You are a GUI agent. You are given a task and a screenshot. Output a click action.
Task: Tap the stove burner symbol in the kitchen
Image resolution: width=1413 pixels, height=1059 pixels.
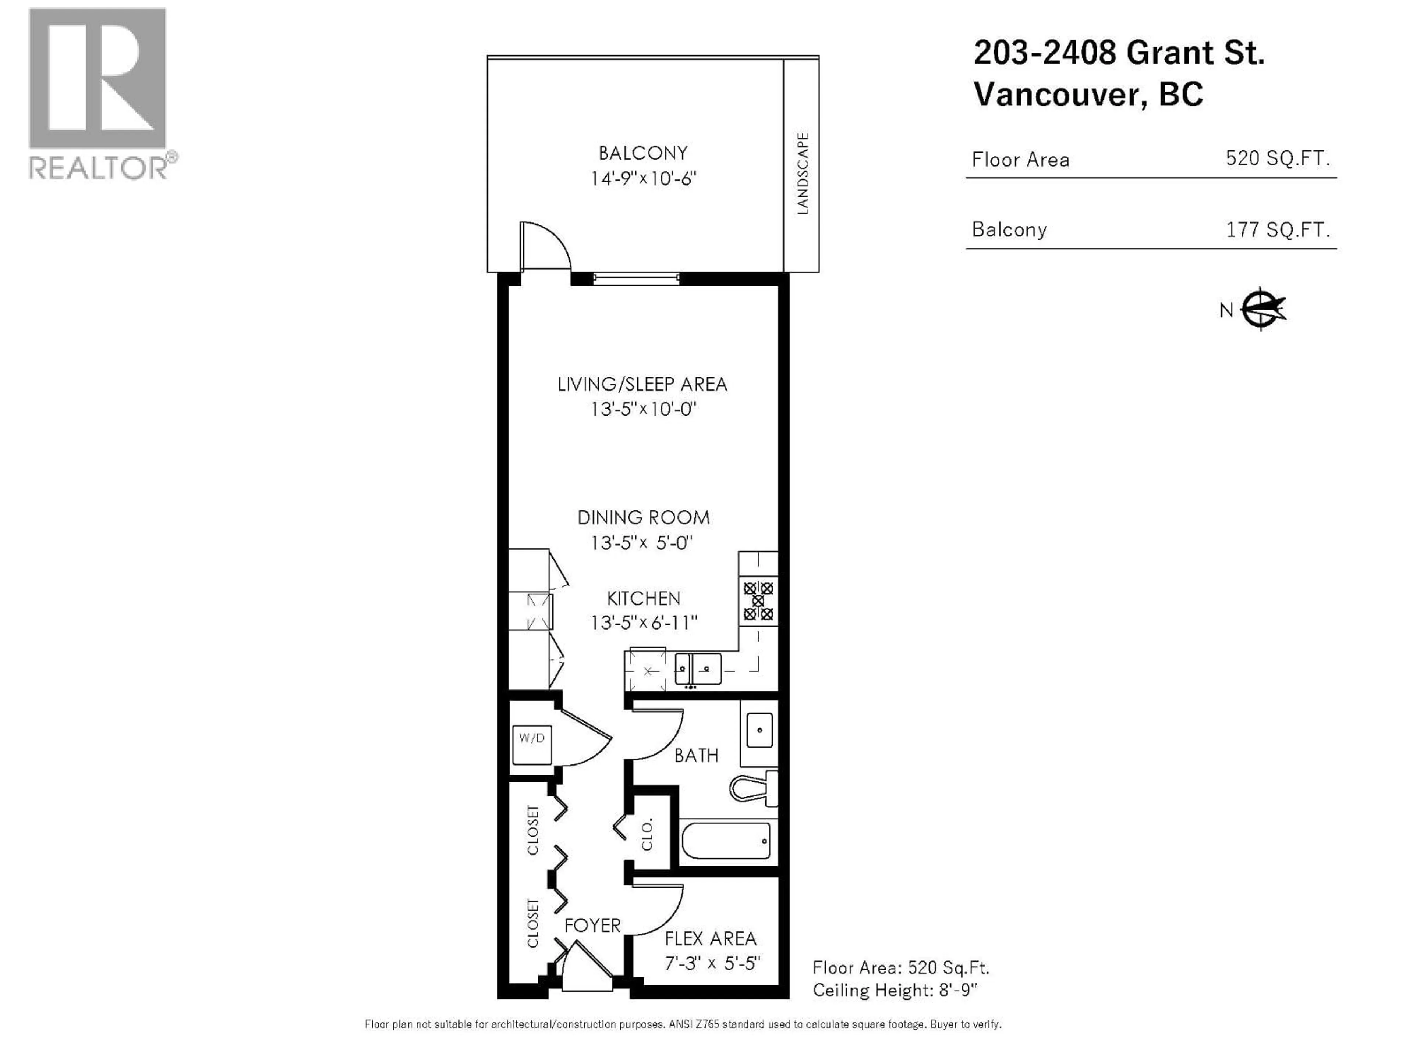pyautogui.click(x=758, y=601)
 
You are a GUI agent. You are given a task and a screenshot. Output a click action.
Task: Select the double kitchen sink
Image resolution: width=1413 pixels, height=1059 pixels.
pyautogui.click(x=698, y=668)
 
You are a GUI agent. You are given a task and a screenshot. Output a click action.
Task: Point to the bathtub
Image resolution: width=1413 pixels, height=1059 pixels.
pyautogui.click(x=726, y=841)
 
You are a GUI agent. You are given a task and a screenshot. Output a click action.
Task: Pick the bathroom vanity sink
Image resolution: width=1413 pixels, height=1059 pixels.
pyautogui.click(x=759, y=730)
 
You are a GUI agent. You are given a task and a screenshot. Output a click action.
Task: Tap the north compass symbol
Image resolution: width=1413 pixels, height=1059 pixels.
pyautogui.click(x=1262, y=309)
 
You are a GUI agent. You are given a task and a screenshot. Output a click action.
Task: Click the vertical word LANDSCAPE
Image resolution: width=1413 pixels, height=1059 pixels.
pyautogui.click(x=803, y=174)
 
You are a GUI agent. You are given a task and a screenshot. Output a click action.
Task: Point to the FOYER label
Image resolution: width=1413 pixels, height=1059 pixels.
pyautogui.click(x=592, y=925)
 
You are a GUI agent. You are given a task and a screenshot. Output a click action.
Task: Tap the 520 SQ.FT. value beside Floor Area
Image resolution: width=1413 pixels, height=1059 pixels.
pyautogui.click(x=1278, y=158)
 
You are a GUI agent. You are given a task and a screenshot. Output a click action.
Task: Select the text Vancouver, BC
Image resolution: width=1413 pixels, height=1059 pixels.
pyautogui.click(x=1088, y=95)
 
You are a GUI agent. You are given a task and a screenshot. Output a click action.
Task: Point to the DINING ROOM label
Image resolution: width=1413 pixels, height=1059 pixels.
pyautogui.click(x=643, y=517)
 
